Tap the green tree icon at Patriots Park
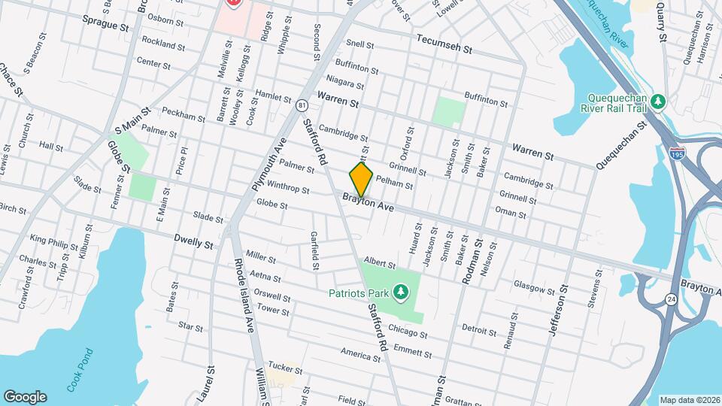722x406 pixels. [401, 291]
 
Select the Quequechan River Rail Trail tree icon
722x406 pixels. [659, 101]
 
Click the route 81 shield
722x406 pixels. [302, 105]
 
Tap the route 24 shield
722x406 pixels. [669, 300]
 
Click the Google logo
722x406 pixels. [25, 396]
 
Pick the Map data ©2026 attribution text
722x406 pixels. [689, 399]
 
